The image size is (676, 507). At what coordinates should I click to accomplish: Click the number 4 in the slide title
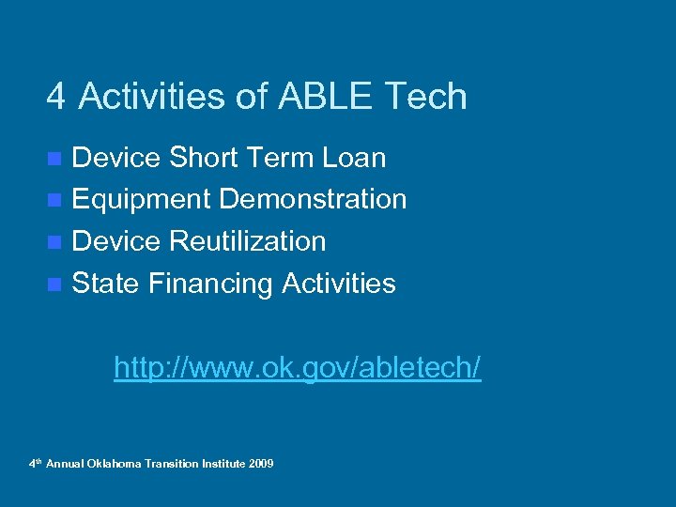57,97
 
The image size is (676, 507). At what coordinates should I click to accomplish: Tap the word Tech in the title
432,97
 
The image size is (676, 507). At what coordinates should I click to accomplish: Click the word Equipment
141,200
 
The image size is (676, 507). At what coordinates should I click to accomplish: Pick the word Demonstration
313,200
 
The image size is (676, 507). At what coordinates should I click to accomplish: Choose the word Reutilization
248,242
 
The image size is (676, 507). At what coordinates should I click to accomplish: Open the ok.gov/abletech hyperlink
297,367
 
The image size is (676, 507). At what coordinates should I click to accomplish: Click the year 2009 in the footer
262,464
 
